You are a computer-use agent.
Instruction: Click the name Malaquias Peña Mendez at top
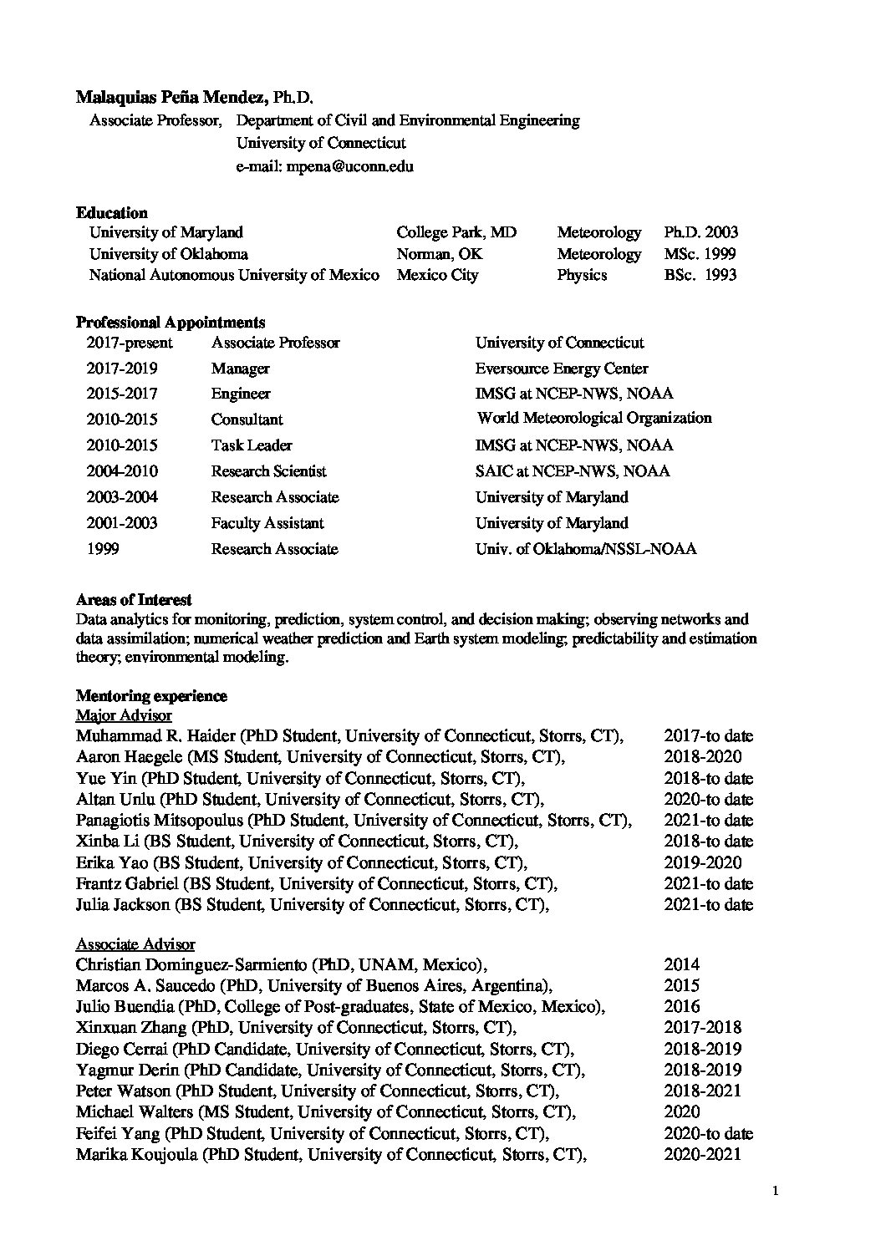click(171, 98)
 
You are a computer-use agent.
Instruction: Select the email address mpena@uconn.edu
click(350, 166)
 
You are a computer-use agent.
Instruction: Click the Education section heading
click(111, 212)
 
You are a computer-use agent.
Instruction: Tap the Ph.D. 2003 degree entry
click(700, 232)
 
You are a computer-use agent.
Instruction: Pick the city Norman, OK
click(440, 254)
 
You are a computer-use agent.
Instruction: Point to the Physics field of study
click(582, 275)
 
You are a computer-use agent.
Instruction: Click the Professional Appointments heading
click(171, 322)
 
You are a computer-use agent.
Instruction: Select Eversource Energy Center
click(561, 369)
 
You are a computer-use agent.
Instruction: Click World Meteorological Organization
click(594, 418)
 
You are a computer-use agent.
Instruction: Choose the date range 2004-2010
click(122, 471)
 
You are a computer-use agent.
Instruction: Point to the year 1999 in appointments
click(103, 549)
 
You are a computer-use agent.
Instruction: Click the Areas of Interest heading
click(134, 599)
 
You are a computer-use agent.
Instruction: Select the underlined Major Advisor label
click(124, 715)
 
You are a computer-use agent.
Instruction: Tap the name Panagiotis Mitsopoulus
click(160, 821)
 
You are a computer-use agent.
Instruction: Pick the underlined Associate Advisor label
click(135, 944)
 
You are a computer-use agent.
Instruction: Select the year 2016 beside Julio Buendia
click(682, 1007)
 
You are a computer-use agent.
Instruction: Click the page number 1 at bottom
click(777, 1193)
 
